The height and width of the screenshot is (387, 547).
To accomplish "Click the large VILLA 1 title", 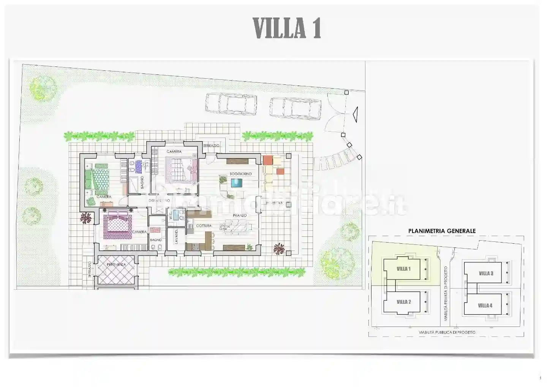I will (287, 28).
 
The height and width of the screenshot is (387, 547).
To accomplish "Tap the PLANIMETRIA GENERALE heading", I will (442, 231).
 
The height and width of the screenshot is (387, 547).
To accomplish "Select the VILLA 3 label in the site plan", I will (486, 273).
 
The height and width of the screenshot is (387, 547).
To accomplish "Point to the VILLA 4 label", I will (485, 305).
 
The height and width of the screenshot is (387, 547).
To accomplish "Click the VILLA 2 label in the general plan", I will (403, 302).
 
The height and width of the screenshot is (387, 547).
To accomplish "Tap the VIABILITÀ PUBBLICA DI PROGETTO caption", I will (447, 332).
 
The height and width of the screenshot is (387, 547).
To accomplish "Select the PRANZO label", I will (240, 216).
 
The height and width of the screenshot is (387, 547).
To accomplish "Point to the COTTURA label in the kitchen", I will (204, 226).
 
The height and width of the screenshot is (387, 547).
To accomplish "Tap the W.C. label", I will (171, 216).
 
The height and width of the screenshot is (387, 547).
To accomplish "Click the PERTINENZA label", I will (116, 264).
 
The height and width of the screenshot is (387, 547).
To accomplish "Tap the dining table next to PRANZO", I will (237, 227).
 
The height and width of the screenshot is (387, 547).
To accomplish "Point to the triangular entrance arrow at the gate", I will (355, 114).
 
